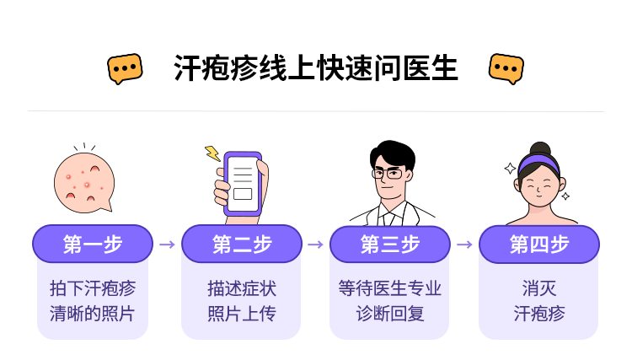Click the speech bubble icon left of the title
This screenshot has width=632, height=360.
pos(125,68)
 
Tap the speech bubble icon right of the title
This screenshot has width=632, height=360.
pos(506,68)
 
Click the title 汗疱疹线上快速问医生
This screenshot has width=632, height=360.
pos(316,68)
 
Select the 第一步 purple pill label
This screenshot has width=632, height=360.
pos(93,244)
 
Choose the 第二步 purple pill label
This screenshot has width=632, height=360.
pos(242,244)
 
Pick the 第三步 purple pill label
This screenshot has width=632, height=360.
pos(390,244)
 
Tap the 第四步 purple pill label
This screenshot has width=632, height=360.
pos(539,244)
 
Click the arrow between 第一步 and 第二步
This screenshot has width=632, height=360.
pos(168,244)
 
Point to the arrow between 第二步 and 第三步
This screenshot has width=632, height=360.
pos(316,244)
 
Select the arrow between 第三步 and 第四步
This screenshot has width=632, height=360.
pos(464,244)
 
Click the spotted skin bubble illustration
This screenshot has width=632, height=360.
pos(84,183)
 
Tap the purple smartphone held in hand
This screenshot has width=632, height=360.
pos(243,185)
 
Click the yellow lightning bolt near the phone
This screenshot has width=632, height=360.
pos(212,153)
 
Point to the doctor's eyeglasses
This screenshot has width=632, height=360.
pos(388,174)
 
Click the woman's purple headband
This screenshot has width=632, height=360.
pos(539,164)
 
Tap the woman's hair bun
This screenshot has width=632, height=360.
pos(540,148)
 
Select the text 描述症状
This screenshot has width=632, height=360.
pos(242,288)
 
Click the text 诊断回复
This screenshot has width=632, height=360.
pos(390,314)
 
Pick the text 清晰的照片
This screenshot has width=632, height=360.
pos(93,314)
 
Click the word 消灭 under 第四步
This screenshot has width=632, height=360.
pos(539,288)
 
